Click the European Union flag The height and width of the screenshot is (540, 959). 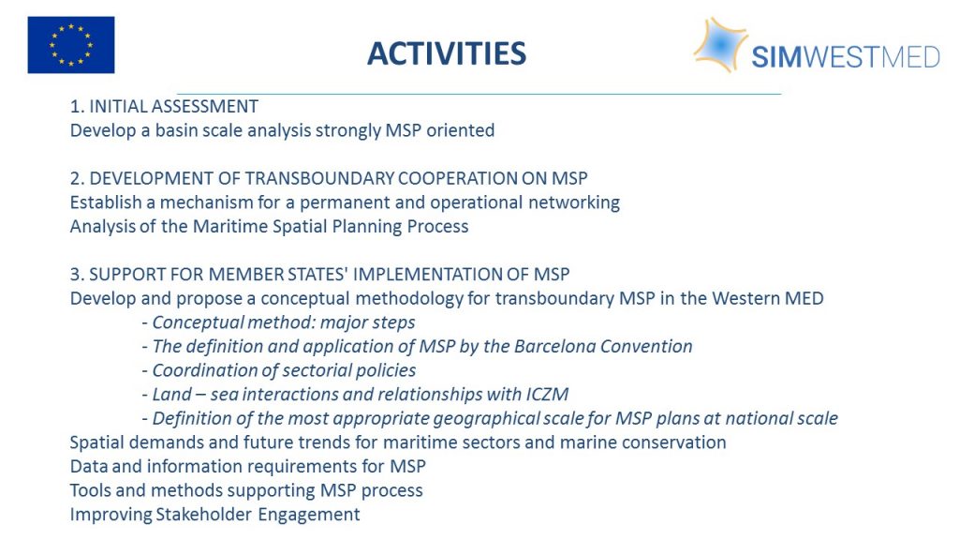point(71,45)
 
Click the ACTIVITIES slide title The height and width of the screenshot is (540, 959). point(447,53)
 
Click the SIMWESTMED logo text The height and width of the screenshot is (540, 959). point(846,57)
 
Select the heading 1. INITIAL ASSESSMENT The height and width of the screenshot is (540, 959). point(164,107)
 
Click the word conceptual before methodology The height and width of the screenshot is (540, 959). point(305,299)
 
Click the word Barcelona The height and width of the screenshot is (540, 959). point(554,347)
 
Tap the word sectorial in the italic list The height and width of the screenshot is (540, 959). point(317,370)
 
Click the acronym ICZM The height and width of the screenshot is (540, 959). point(547,395)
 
